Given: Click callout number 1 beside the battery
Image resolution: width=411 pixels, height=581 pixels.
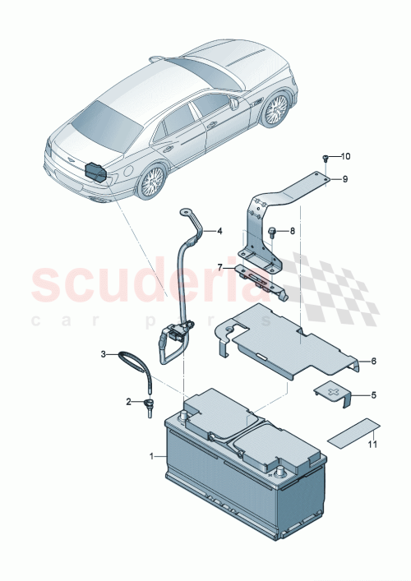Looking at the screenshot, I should coord(151,455).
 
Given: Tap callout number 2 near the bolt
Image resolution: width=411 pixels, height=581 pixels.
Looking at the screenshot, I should coord(128,402).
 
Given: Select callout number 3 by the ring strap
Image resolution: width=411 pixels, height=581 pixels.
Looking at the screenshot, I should coord(104,354).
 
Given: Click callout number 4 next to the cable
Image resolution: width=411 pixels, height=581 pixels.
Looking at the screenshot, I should coord(219,231).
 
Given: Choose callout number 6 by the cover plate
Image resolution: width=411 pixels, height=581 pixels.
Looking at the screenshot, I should coord(372,361).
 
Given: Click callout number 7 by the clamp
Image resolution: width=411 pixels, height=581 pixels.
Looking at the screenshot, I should coord(219,266).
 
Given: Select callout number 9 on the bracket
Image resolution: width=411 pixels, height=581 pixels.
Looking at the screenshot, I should coord(345,179).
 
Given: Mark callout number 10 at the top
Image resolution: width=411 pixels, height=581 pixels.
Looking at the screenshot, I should coord(345,156).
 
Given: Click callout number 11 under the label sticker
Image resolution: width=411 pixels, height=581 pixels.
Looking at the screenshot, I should coord(372,445).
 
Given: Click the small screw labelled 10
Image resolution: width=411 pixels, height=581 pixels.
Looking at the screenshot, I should coord(326,159).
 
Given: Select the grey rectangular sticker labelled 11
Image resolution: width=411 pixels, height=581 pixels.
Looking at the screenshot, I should coord(354,431).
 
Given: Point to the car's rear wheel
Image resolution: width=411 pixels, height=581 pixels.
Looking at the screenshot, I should coord(153,181).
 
